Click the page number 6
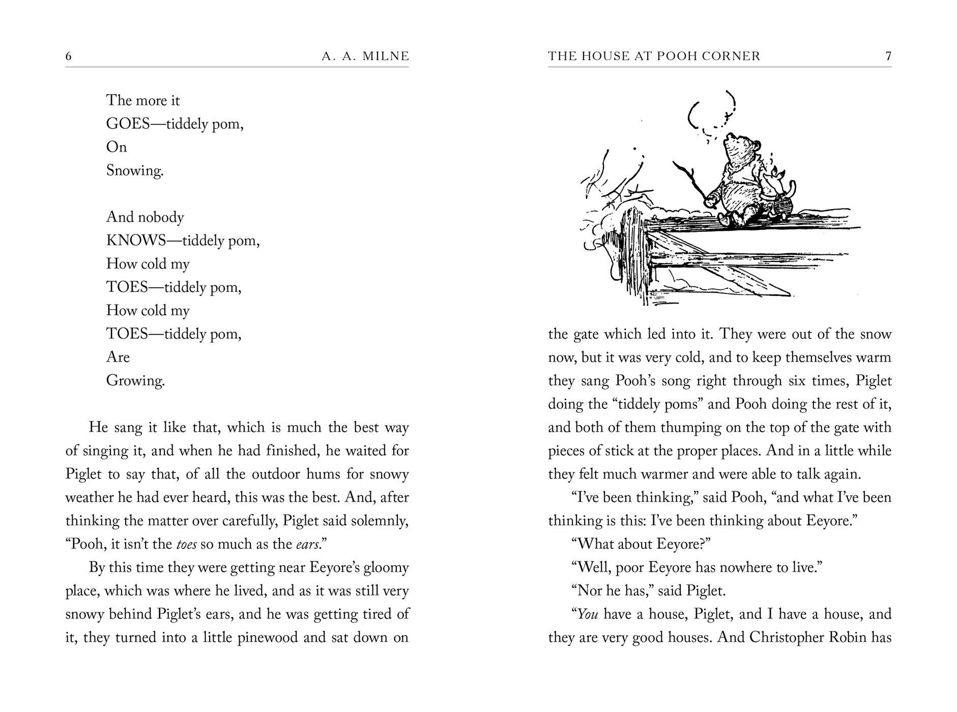click(x=69, y=56)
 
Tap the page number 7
click(x=888, y=56)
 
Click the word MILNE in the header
click(x=386, y=56)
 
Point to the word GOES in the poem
click(x=128, y=124)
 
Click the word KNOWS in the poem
click(x=136, y=240)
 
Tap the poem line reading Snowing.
click(x=135, y=170)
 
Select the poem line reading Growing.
click(x=135, y=380)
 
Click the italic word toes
click(x=186, y=544)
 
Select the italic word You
click(x=588, y=614)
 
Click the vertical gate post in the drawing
click(x=636, y=254)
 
